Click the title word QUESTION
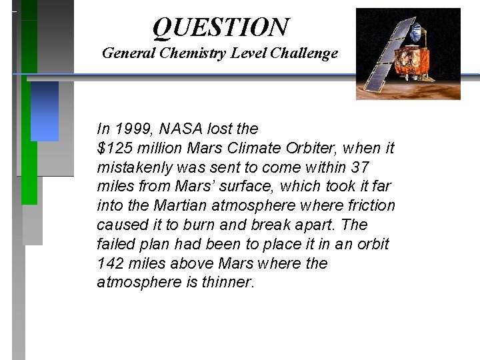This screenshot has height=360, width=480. point(221,27)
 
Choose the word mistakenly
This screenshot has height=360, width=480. point(135,167)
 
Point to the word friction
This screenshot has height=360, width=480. point(369,206)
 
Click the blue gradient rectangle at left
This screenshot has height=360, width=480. point(45,110)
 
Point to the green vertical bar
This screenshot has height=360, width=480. point(29,133)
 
